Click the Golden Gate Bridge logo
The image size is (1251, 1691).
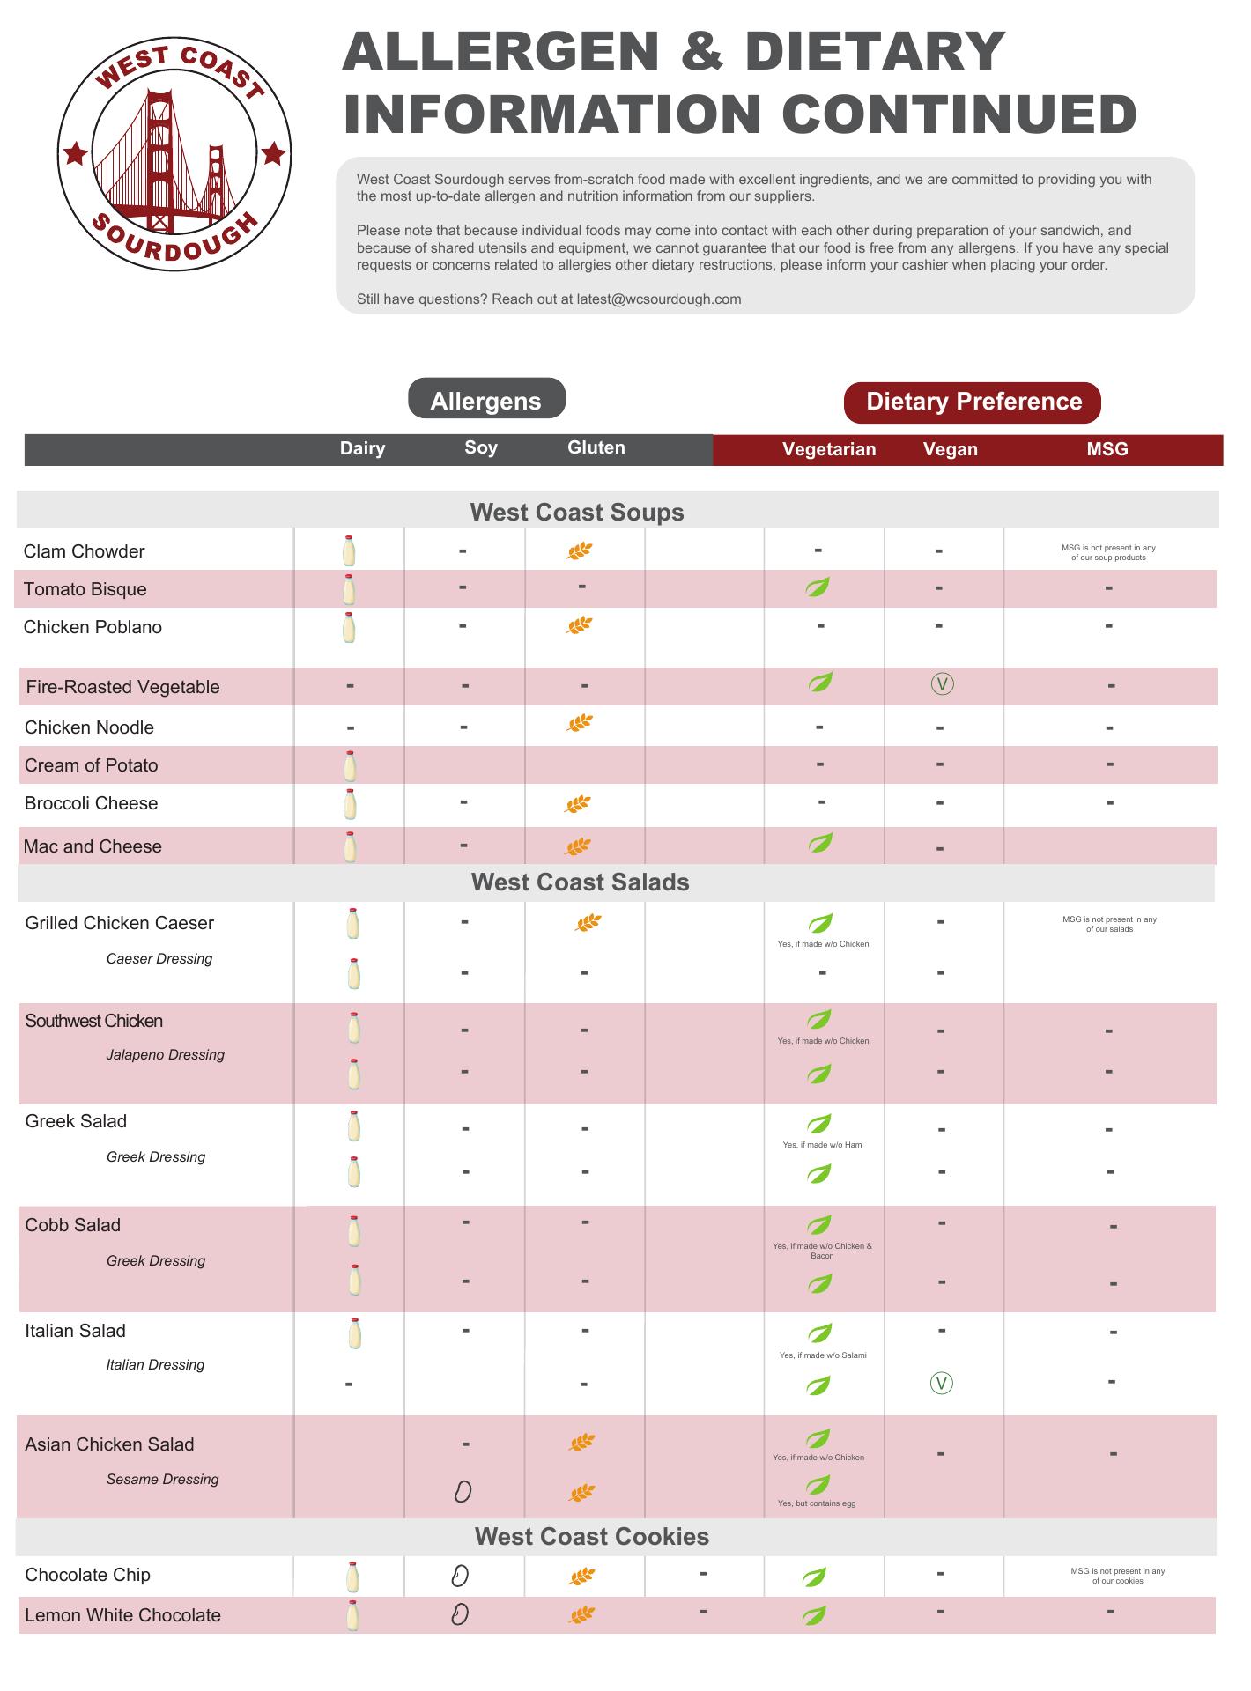(174, 154)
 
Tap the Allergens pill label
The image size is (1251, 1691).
(486, 401)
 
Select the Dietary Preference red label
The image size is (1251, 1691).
(973, 402)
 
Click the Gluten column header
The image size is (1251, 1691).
(596, 447)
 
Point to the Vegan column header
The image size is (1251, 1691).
(950, 449)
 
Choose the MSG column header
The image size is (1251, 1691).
(1107, 449)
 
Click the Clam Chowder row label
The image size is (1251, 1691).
(84, 551)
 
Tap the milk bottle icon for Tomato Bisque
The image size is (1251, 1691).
(349, 588)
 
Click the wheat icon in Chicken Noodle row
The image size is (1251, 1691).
(580, 724)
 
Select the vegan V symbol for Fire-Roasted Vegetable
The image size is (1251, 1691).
(942, 684)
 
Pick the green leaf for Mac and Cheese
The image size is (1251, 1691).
(820, 844)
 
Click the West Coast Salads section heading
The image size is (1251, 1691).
(580, 882)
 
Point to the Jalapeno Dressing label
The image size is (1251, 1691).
(165, 1055)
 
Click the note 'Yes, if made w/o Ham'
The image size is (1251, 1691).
(822, 1145)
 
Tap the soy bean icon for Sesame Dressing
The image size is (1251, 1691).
(463, 1491)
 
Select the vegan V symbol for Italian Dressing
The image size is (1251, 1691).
(941, 1384)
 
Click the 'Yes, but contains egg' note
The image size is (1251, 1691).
(817, 1503)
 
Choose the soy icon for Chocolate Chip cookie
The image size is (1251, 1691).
(459, 1576)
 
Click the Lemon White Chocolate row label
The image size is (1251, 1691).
(122, 1615)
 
